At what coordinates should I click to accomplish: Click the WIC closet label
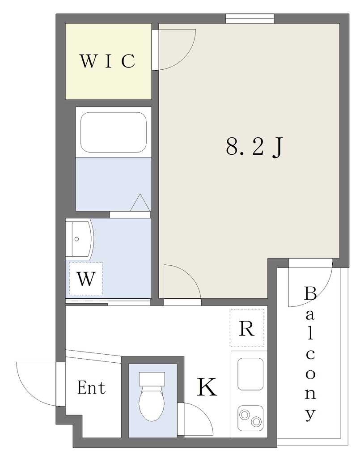pos(107,61)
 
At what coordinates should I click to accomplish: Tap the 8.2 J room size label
pos(254,146)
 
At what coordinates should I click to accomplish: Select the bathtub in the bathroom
pos(114,132)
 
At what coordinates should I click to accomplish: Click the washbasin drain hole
pos(77,239)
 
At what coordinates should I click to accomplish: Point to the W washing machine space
pos(86,279)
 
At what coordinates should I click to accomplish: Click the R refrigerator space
pos(247,328)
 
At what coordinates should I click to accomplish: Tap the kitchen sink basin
pos(250,374)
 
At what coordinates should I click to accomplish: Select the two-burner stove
pos(250,418)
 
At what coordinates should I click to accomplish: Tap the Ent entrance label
pos(91,388)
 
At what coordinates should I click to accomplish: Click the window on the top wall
pos(250,18)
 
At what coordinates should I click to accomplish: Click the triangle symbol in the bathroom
pos(140,203)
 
